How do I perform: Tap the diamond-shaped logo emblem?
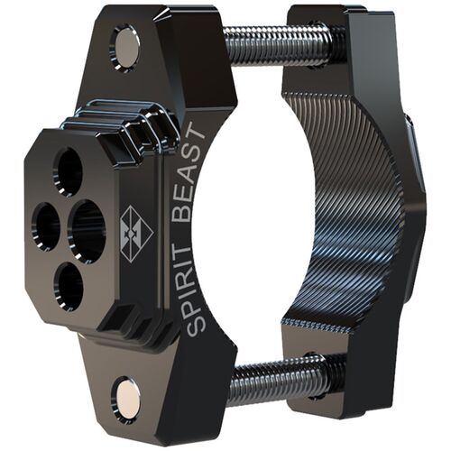136,233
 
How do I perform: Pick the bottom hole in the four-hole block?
68,286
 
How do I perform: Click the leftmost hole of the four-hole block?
46,227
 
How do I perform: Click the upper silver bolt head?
127,47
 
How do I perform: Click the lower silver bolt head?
126,399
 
